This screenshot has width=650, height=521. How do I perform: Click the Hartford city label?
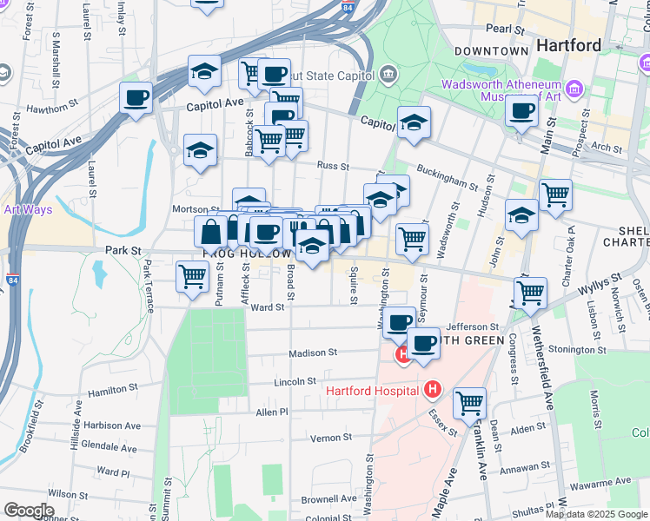click(568, 45)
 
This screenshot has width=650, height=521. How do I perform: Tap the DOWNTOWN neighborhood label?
click(491, 51)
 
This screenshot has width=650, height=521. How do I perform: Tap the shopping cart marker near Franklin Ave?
click(469, 403)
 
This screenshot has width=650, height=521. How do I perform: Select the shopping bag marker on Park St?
click(211, 232)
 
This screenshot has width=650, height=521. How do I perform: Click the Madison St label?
click(314, 353)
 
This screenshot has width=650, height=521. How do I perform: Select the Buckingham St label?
click(447, 178)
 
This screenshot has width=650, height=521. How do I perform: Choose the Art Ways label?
click(28, 209)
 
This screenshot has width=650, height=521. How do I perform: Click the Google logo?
click(29, 510)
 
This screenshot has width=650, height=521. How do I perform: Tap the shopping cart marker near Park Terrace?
click(191, 276)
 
